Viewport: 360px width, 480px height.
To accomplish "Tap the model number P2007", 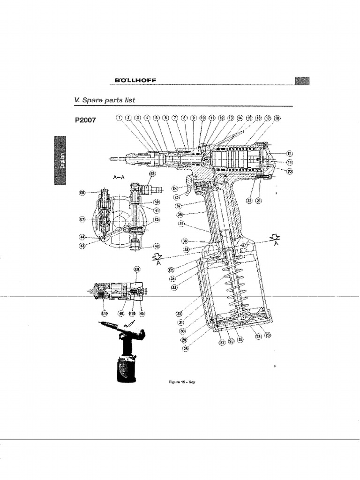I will [85, 120].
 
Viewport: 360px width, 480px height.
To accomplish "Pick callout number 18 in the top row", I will [277, 118].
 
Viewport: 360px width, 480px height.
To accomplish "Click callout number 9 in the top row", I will [193, 118].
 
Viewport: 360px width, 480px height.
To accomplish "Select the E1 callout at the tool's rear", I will [290, 153].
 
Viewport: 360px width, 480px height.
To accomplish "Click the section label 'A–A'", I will [119, 178].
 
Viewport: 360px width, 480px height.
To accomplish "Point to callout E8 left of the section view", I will [82, 193].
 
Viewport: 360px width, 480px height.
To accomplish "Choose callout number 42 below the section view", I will [157, 246].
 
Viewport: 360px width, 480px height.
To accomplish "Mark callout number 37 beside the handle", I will [181, 224].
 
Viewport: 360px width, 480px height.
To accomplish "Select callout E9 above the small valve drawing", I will [137, 270].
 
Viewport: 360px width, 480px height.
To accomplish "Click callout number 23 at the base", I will [268, 335].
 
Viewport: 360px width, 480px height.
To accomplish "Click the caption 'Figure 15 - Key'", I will [181, 382].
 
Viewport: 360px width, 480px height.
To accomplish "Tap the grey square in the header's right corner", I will [302, 81].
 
